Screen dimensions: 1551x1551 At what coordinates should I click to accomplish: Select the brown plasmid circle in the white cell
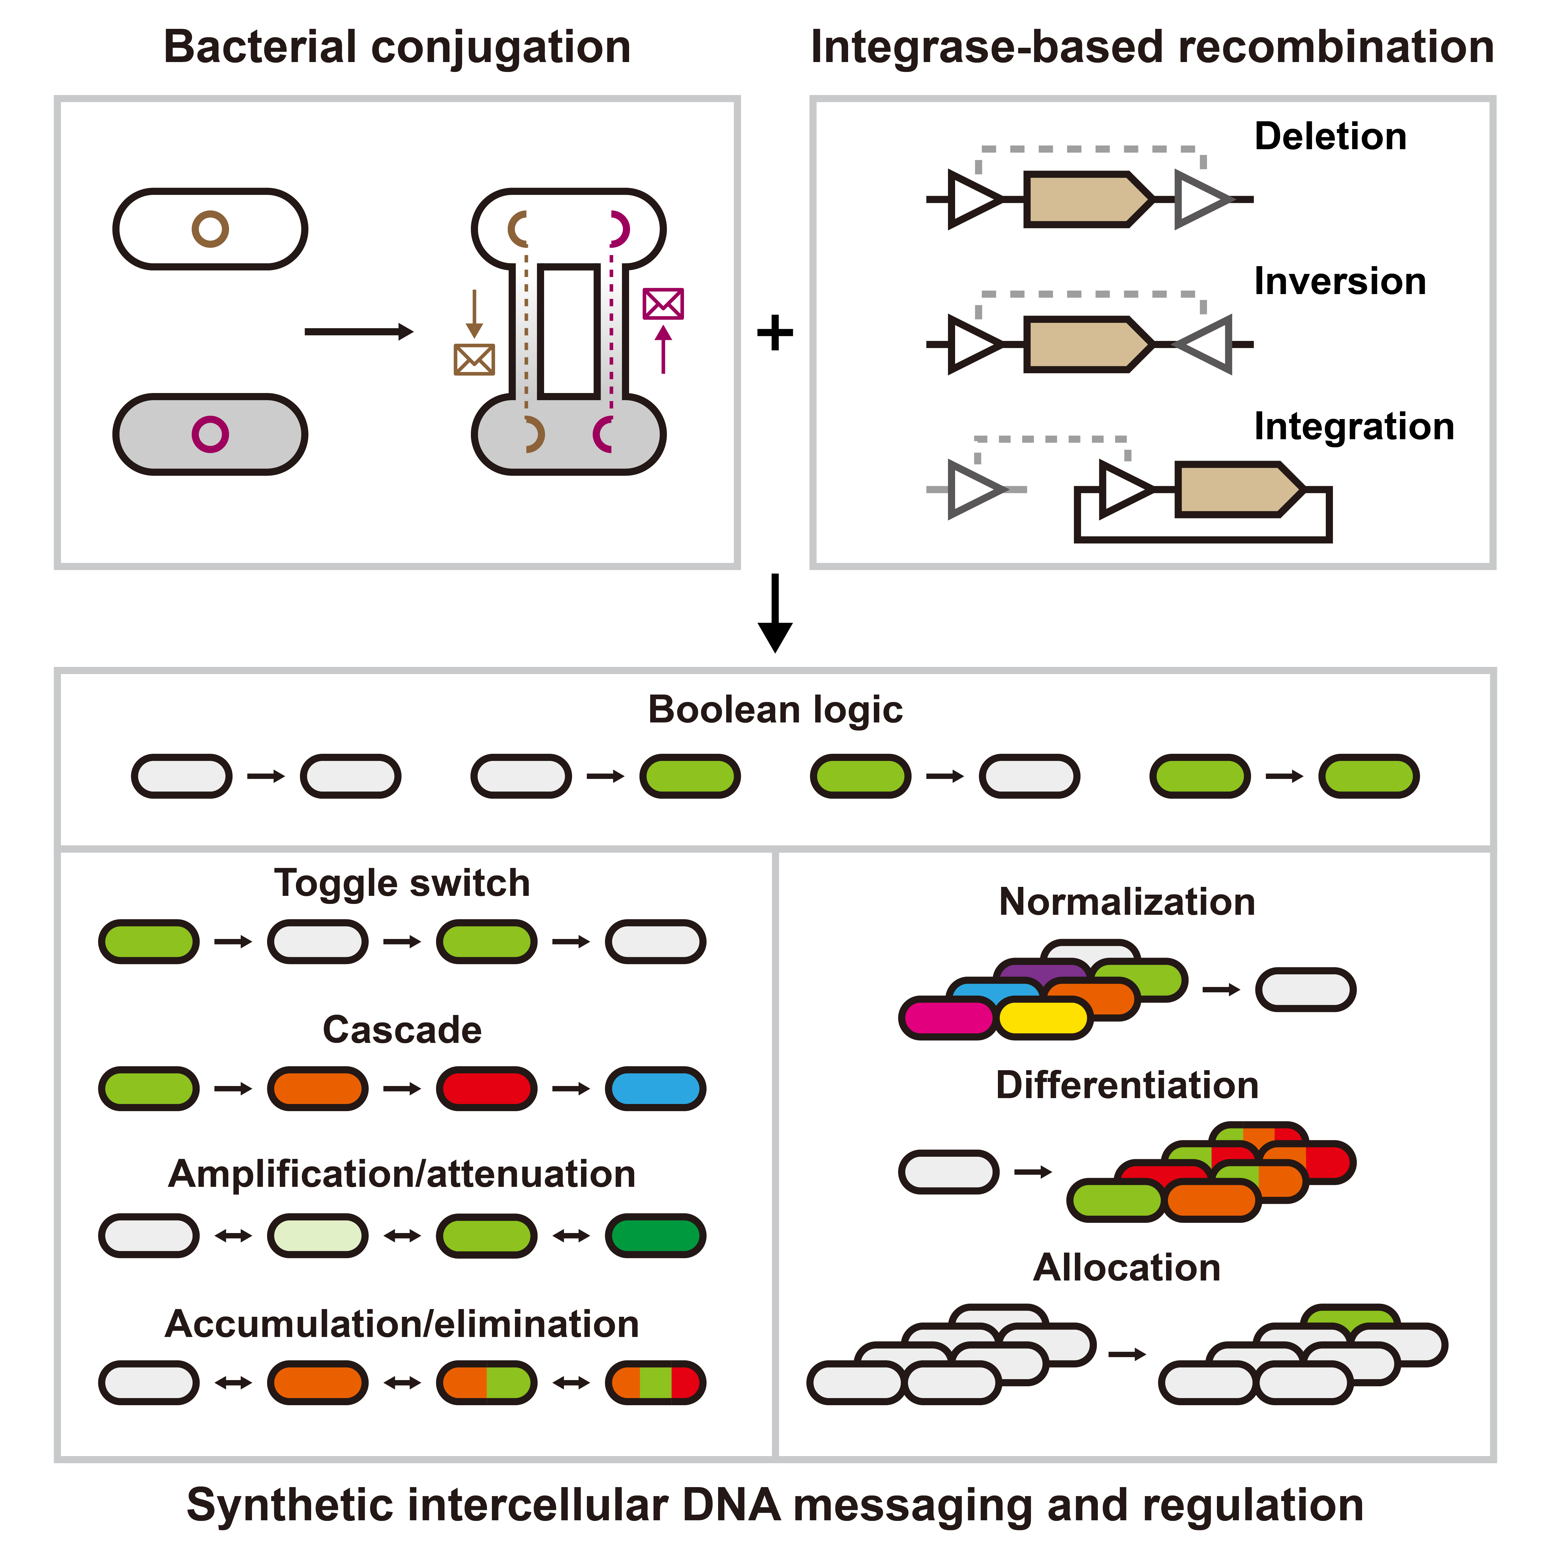(x=210, y=229)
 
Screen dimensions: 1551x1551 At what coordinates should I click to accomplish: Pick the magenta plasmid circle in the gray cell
(x=210, y=434)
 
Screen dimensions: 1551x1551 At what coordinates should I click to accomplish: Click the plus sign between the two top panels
(x=775, y=332)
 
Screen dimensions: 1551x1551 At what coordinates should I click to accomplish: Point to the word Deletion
(x=1330, y=136)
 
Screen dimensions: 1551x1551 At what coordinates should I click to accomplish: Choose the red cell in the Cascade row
(x=486, y=1088)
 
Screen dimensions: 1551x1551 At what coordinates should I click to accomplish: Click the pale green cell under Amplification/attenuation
(x=318, y=1236)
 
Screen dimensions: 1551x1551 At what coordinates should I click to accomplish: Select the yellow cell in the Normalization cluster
(x=1044, y=1018)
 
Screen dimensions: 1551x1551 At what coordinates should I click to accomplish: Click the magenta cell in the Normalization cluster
(x=947, y=1018)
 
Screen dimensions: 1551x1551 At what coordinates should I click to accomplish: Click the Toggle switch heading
(x=402, y=883)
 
